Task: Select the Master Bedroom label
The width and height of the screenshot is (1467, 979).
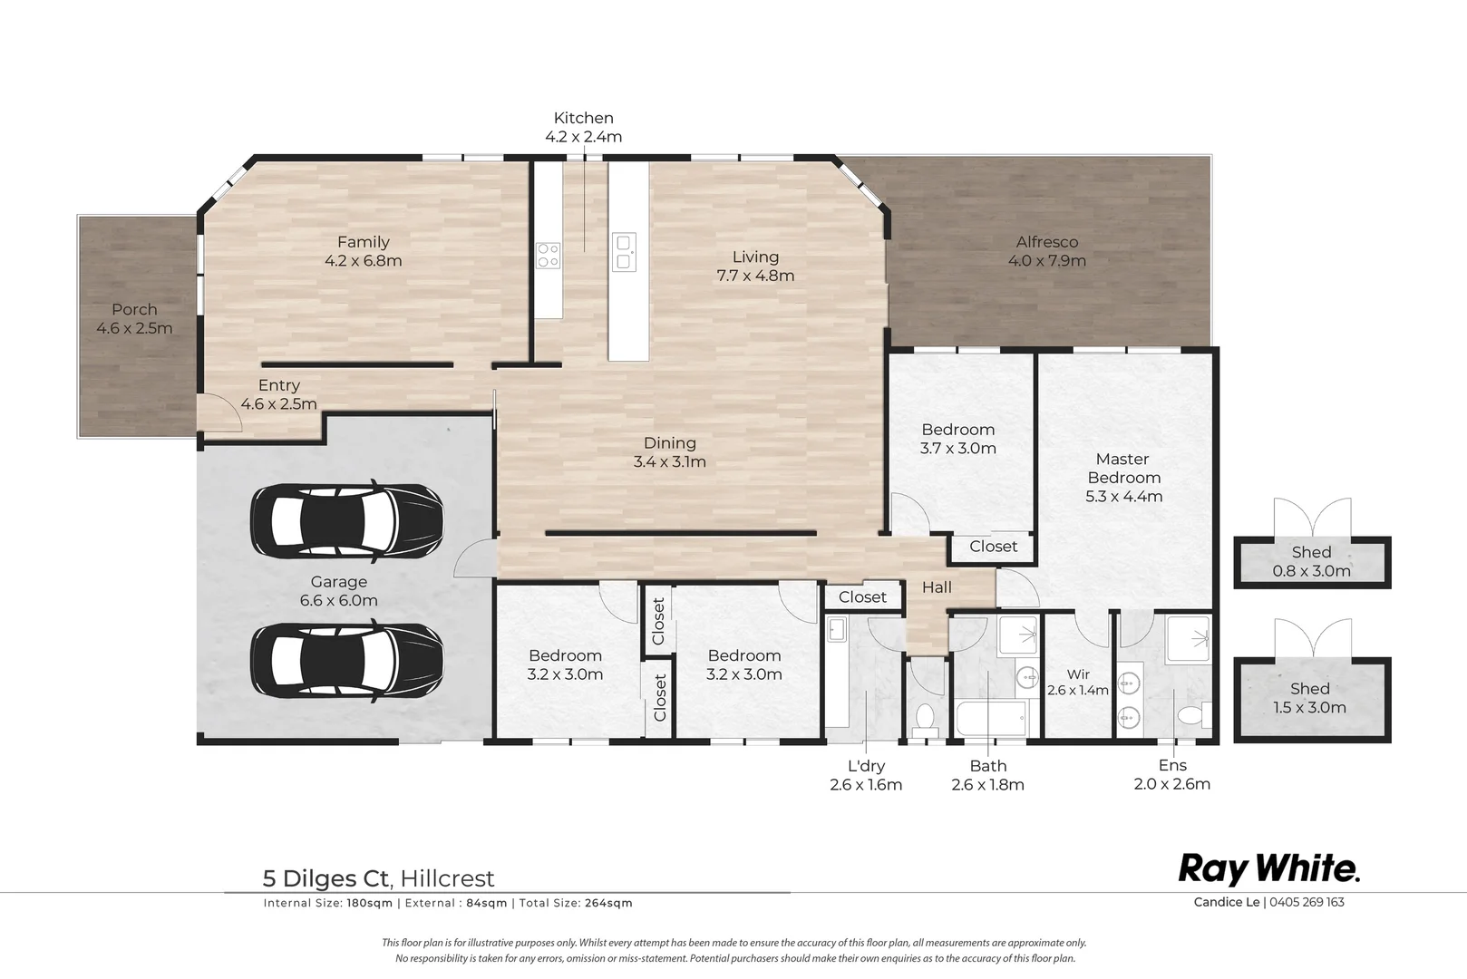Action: [x=1123, y=468]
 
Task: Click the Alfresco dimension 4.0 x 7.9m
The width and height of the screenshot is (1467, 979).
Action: [x=1046, y=261]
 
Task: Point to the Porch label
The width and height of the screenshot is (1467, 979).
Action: [x=134, y=309]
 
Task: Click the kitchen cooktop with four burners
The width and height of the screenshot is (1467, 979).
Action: [x=548, y=256]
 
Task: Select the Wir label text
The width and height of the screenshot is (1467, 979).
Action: [x=1078, y=674]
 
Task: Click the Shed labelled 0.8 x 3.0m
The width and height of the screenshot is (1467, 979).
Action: [x=1311, y=562]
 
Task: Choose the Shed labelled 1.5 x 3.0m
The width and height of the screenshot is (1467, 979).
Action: [x=1310, y=699]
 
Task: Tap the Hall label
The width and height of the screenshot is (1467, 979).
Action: [x=937, y=587]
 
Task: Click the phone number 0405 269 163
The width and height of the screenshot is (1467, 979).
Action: [x=1307, y=902]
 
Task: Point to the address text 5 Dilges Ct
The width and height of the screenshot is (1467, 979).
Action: [x=325, y=878]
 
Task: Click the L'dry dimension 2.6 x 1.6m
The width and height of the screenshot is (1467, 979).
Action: [x=866, y=785]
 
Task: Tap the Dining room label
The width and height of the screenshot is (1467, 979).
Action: [x=670, y=442]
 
